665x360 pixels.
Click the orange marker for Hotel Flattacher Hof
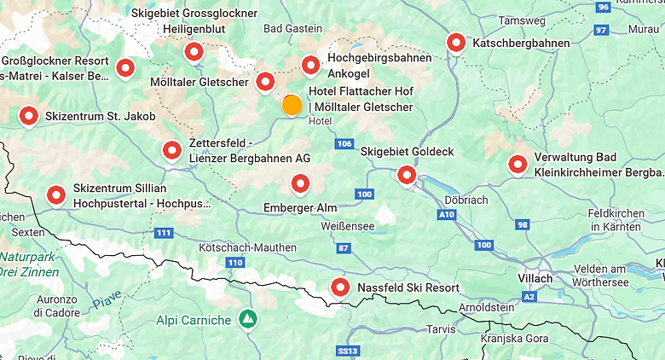click(x=292, y=105)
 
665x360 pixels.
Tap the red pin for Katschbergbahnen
click(x=456, y=43)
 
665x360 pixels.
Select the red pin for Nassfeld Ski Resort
click(x=340, y=287)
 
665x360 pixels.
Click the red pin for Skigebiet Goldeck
click(x=407, y=175)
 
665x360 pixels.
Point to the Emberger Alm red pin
click(x=300, y=183)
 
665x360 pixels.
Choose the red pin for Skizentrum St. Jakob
click(x=29, y=115)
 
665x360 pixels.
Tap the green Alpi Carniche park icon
click(x=248, y=320)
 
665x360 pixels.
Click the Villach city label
click(x=535, y=278)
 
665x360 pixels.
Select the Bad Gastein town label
click(x=293, y=28)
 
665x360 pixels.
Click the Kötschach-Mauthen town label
click(x=247, y=247)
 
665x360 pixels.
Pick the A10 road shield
click(x=447, y=215)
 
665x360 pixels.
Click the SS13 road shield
click(x=346, y=351)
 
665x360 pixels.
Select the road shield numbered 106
click(x=344, y=143)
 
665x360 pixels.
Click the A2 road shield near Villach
click(x=529, y=296)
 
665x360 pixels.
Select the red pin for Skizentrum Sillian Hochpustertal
click(x=56, y=195)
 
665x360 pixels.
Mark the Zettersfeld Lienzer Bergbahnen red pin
click(x=172, y=151)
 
